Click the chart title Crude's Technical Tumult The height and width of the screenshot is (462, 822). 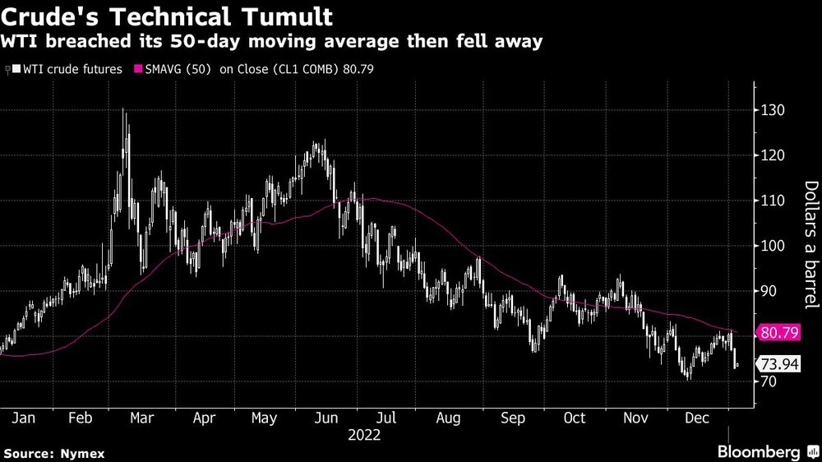[x=169, y=16]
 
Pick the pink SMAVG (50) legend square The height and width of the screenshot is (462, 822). [x=138, y=69]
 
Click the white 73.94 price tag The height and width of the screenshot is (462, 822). [x=778, y=364]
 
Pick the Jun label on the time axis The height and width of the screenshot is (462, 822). [x=326, y=418]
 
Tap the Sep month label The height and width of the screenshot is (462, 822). [x=512, y=418]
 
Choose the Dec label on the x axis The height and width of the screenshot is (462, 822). [x=697, y=418]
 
